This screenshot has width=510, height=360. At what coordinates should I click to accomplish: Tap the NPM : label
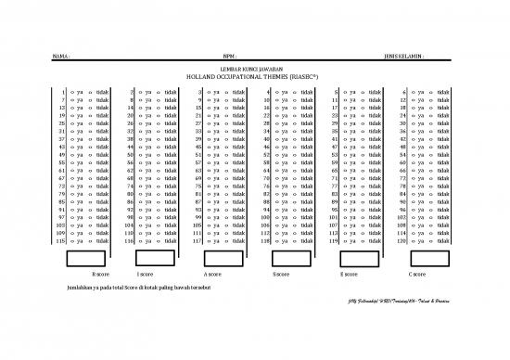coord(244,56)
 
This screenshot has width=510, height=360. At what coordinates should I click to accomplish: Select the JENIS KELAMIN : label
coord(404,56)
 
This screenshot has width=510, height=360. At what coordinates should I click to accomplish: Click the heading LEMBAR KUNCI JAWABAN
coord(253,70)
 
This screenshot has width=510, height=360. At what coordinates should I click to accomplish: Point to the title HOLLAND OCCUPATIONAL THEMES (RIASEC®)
coord(253,77)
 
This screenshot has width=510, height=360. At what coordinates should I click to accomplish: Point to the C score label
coord(417,276)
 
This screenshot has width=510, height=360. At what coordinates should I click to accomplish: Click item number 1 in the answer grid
coord(61,93)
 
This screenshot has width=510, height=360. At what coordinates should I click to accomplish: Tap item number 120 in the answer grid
coord(403,241)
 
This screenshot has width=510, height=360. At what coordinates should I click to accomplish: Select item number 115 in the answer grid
coord(59,241)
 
